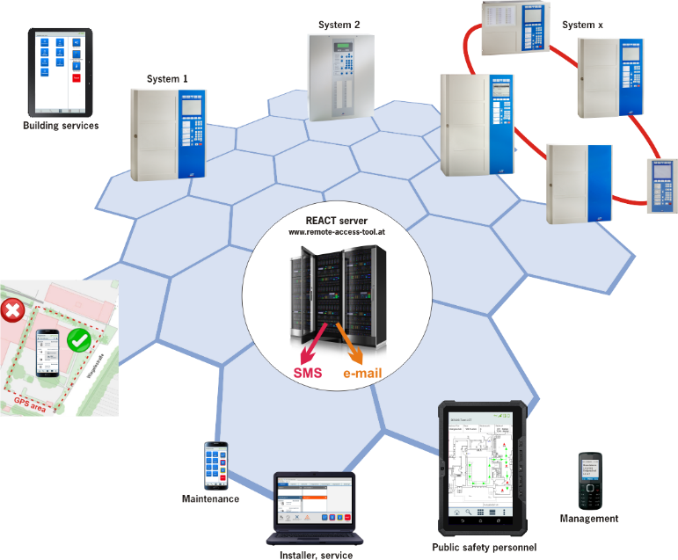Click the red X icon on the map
coord(13,310)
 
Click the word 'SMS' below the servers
coord(308,373)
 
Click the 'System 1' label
coord(167,79)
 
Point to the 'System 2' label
coord(339,25)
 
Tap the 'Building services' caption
coord(61,126)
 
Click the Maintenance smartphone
coord(216,465)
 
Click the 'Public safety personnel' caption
coord(484,548)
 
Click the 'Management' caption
coord(589,519)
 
